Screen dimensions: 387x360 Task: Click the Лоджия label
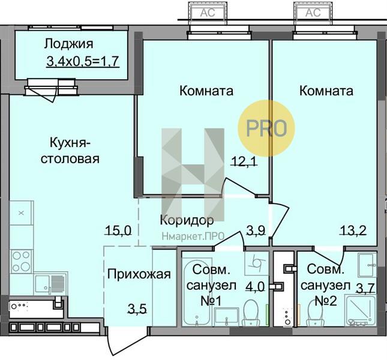(x=69, y=44)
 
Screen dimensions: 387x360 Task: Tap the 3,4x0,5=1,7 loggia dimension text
(x=83, y=61)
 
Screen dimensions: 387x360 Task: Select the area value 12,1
(x=244, y=161)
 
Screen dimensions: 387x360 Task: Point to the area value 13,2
(x=353, y=231)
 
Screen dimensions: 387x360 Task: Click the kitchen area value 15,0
(x=118, y=231)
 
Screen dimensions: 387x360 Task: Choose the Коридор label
(x=187, y=220)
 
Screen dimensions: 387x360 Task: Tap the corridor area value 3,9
(x=256, y=231)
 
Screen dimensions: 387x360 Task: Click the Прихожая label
(x=139, y=274)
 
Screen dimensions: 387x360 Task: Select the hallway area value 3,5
(x=137, y=308)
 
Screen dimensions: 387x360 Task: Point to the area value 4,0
(x=255, y=287)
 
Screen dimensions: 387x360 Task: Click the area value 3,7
(x=365, y=288)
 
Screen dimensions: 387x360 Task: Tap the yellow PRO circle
(x=266, y=128)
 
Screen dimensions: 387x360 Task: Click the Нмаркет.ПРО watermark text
(x=193, y=236)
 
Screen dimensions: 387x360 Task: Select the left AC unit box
(x=208, y=13)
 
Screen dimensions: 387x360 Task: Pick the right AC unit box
(x=313, y=13)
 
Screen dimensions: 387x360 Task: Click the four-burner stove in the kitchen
(x=21, y=261)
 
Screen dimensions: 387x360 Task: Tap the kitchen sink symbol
(x=50, y=284)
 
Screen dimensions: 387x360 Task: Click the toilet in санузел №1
(x=251, y=313)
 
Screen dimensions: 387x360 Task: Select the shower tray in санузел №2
(x=361, y=310)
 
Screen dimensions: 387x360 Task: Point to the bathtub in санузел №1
(x=197, y=292)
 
